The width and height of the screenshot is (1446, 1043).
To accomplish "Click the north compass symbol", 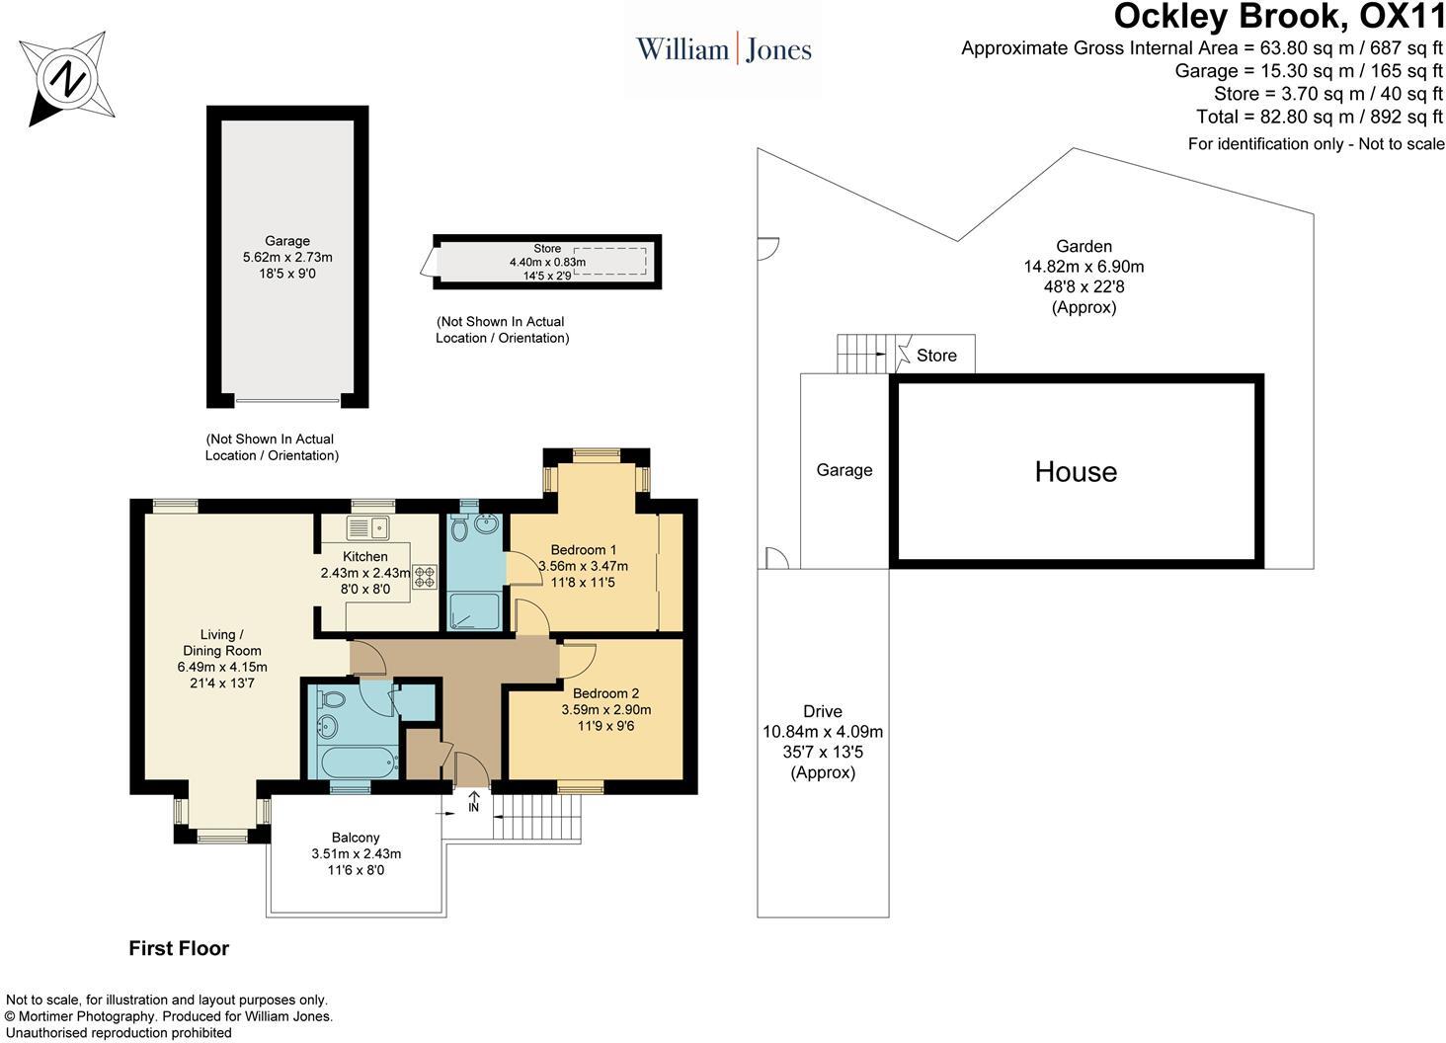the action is pos(68,80).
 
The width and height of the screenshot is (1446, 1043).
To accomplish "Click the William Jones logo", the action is pos(724,49).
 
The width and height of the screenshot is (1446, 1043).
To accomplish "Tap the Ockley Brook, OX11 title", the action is pos(1279,16).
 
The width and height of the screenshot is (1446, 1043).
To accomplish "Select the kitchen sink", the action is pos(368,527).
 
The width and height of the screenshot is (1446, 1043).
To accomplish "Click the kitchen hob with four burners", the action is pos(424,577).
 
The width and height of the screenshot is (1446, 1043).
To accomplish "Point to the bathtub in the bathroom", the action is pos(359,762).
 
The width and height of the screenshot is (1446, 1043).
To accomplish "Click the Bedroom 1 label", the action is pos(583,550).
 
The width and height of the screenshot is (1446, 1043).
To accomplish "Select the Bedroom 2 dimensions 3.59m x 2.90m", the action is pos(606,710).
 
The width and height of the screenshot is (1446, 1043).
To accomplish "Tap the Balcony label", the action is pos(356,838).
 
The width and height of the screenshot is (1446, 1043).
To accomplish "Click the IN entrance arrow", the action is pos(474,801).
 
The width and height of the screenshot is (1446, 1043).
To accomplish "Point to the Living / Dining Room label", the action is pos(222,643).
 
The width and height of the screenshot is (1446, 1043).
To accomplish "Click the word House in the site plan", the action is pos(1076,472).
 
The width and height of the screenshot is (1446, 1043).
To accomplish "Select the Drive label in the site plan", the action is pos(823,711).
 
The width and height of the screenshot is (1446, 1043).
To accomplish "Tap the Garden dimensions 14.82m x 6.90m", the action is pos(1084,267).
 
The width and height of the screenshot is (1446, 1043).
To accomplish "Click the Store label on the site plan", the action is pos(936,356).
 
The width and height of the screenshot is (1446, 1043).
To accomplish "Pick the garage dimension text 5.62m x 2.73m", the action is pos(287,257).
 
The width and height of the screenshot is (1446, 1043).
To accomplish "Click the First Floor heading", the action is pos(179,948).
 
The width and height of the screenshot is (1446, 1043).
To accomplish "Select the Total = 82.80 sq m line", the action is pos(1320,117).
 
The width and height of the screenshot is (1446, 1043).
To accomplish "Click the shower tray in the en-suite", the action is pos(475,611).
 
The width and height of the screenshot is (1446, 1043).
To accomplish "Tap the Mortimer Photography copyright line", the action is pos(169,1016).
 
